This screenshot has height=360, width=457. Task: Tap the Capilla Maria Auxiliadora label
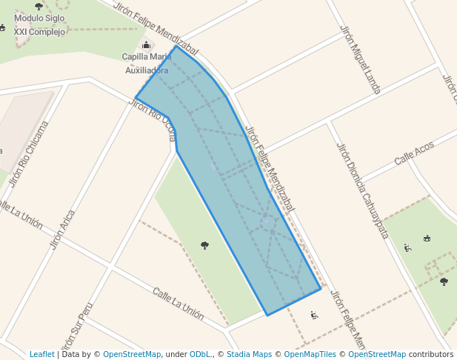click(x=147, y=64)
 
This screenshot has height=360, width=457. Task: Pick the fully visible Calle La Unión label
click(x=178, y=304)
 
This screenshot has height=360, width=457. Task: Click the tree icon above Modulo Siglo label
click(x=39, y=7)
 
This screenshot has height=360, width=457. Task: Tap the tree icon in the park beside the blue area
click(x=204, y=245)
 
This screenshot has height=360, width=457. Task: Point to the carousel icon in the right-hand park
click(x=427, y=239)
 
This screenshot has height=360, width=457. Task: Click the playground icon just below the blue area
click(x=314, y=316)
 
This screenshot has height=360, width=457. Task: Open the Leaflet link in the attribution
click(x=41, y=354)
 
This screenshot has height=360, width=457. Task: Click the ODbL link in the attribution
click(x=201, y=354)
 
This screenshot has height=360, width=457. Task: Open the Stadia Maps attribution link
click(x=248, y=354)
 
